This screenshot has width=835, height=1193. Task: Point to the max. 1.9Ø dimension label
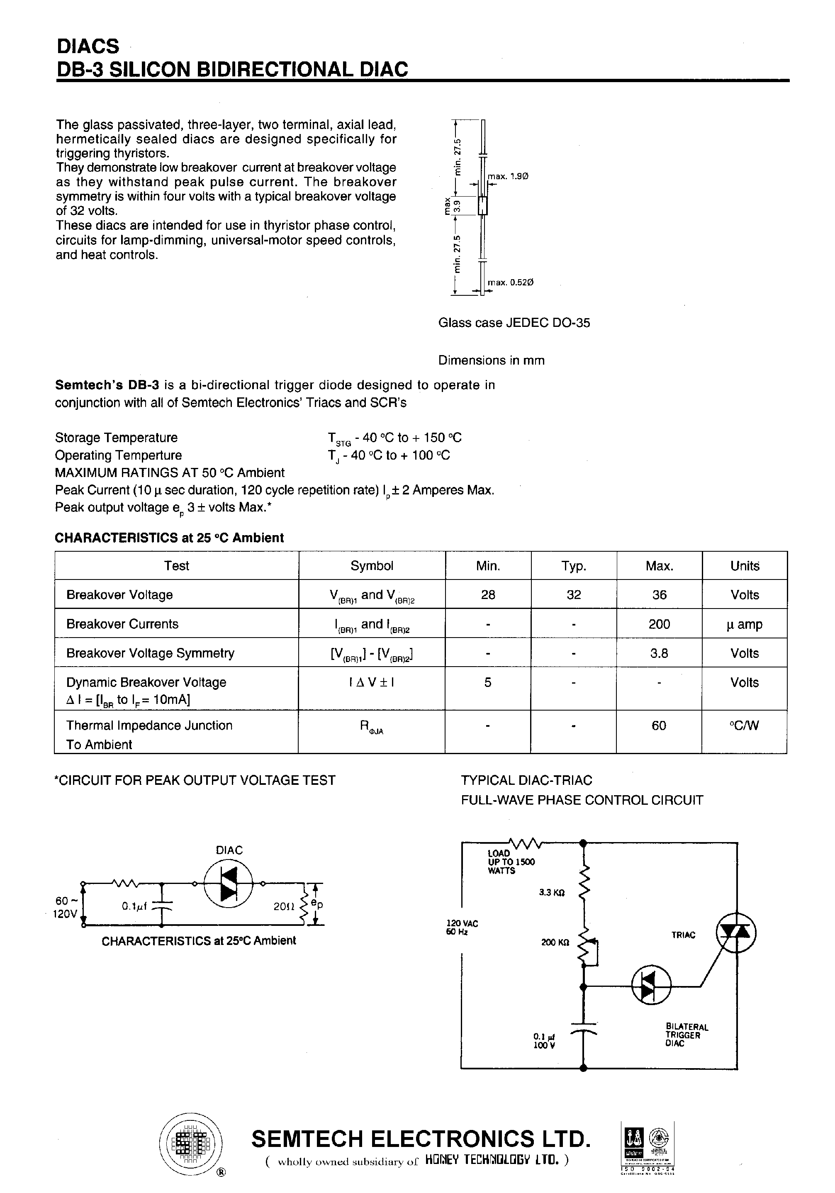point(508,177)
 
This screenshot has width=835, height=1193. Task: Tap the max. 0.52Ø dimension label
point(510,282)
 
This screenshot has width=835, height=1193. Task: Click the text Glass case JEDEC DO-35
point(514,323)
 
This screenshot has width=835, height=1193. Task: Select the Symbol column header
point(372,566)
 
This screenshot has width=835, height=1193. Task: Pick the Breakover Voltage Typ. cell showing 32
point(574,595)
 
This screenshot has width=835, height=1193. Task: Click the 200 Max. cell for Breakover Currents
point(659,624)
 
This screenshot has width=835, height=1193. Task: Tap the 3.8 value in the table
point(659,653)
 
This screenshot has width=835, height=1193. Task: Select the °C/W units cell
point(744,726)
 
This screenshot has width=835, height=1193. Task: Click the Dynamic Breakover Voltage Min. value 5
point(487,682)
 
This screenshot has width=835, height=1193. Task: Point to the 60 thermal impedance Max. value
point(658,726)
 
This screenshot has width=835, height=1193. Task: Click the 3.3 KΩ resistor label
point(552,893)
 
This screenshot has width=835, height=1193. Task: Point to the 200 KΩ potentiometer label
point(555,942)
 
